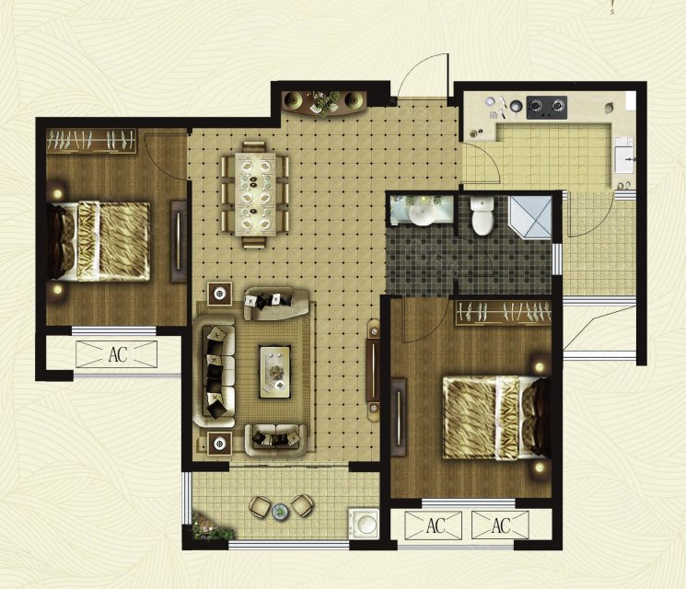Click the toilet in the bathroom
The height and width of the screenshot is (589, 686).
pyautogui.click(x=483, y=215)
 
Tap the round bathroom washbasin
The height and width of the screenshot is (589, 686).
pyautogui.click(x=422, y=214)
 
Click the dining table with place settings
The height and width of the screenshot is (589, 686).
pyautogui.click(x=255, y=193)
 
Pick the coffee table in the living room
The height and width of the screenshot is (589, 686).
pyautogui.click(x=274, y=372)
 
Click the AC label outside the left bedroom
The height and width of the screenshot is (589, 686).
pyautogui.click(x=118, y=354)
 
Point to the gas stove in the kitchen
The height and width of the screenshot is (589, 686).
pyautogui.click(x=546, y=107)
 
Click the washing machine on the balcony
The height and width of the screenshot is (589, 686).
pyautogui.click(x=364, y=524)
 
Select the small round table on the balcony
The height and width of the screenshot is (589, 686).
pyautogui.click(x=279, y=511)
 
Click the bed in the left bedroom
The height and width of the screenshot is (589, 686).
pyautogui.click(x=99, y=241)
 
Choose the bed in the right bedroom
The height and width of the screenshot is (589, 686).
pyautogui.click(x=496, y=419)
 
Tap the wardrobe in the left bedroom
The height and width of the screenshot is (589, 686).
pyautogui.click(x=91, y=141)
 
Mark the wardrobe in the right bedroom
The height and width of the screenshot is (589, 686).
pyautogui.click(x=503, y=313)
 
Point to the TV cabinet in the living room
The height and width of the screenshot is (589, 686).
pyautogui.click(x=373, y=370)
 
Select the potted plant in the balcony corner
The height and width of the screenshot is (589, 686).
pyautogui.click(x=211, y=526)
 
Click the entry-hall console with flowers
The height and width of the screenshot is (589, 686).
pyautogui.click(x=324, y=103)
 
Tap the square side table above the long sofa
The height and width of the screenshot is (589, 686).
pyautogui.click(x=220, y=294)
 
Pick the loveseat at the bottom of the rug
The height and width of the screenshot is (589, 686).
pyautogui.click(x=275, y=440)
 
